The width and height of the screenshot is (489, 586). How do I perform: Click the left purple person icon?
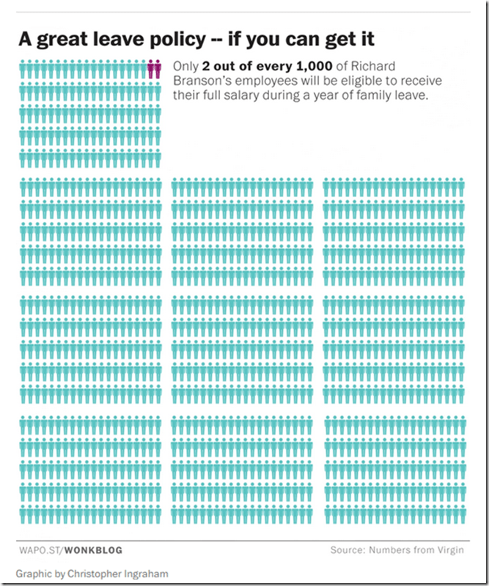click(150, 70)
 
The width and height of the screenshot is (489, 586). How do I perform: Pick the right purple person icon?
click(157, 70)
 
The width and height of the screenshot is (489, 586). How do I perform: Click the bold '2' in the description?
click(207, 66)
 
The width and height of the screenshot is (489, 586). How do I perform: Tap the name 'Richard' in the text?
click(375, 66)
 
